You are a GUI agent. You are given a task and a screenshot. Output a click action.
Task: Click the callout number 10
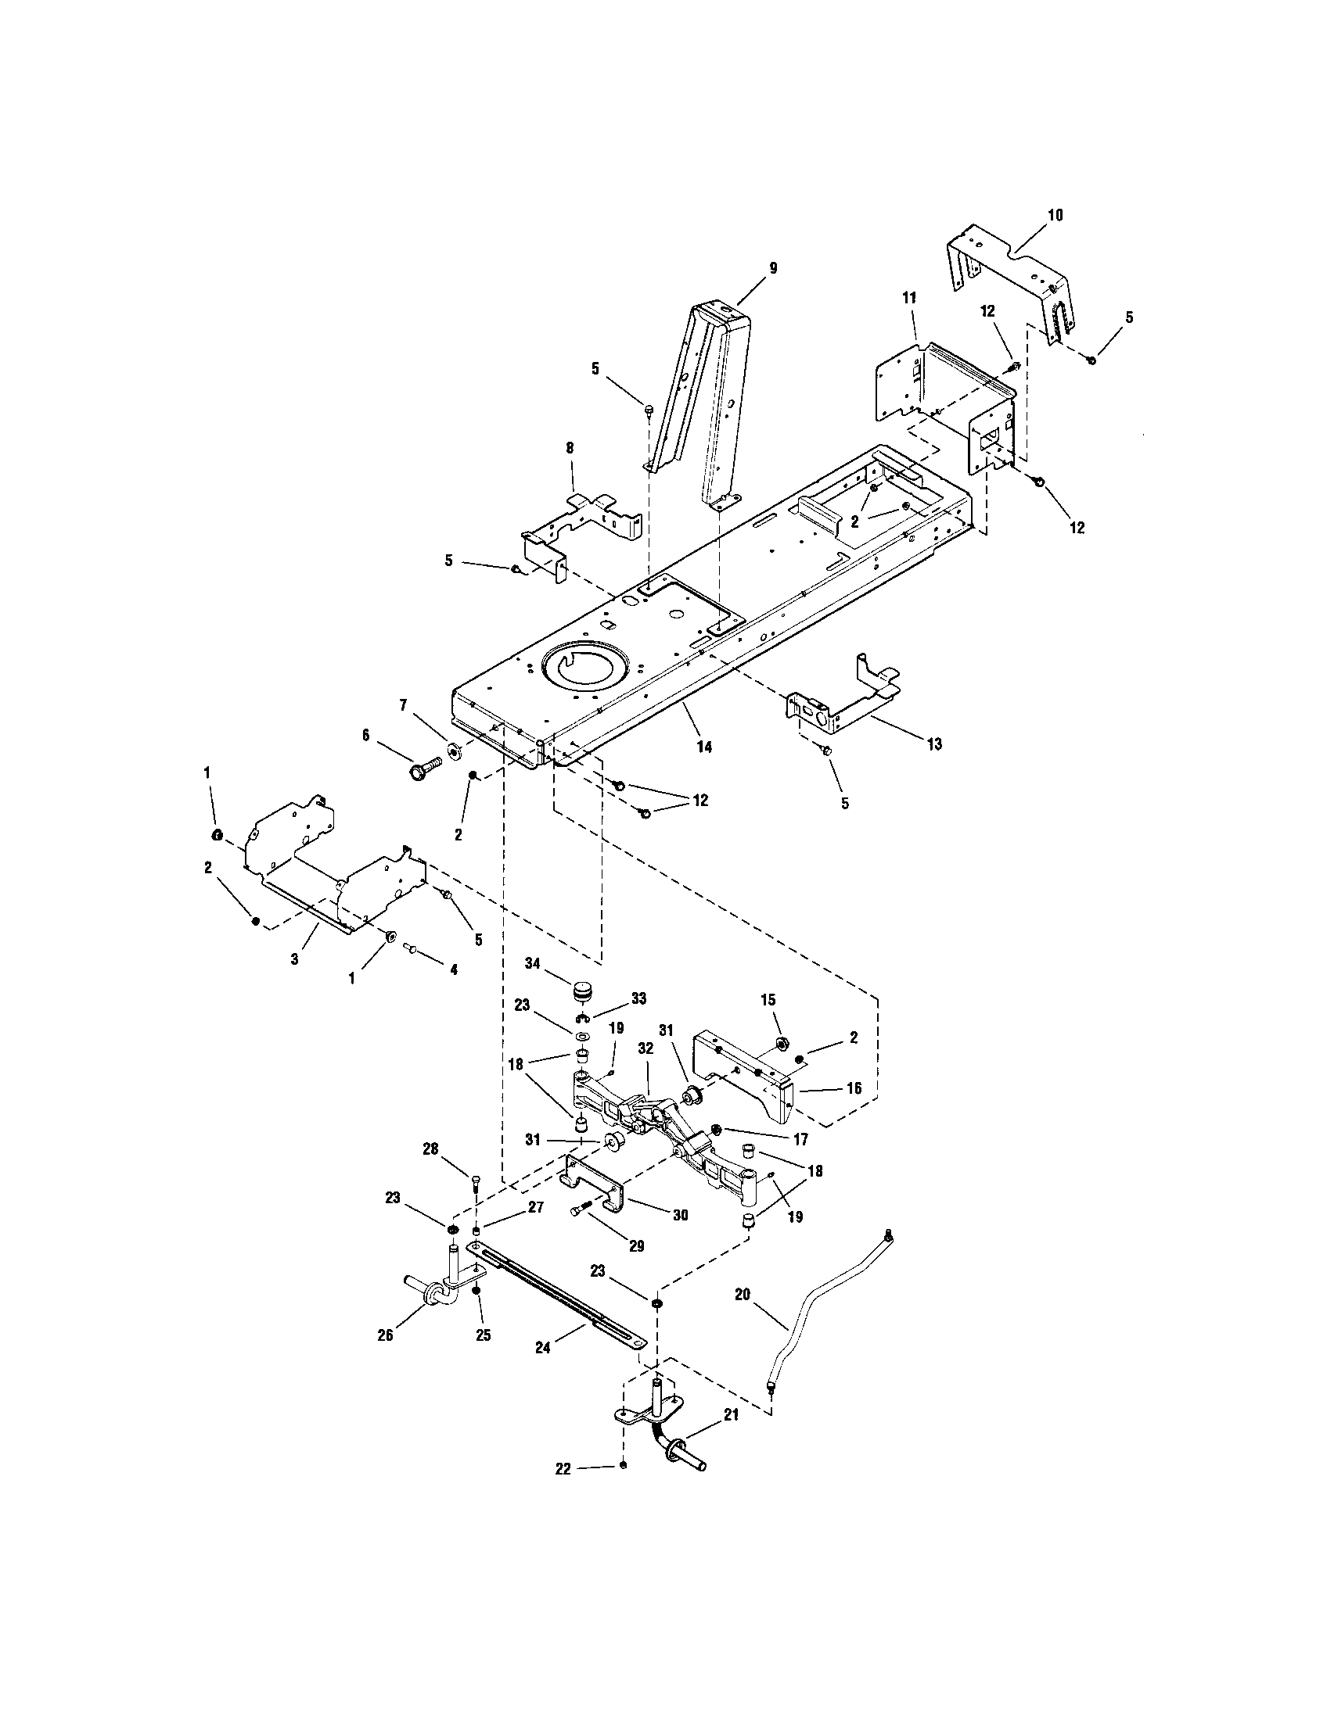[1055, 215]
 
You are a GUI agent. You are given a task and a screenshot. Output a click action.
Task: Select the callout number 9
[772, 268]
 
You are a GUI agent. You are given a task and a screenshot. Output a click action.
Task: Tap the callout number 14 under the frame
[704, 747]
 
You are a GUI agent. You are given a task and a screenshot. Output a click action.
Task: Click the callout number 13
[933, 744]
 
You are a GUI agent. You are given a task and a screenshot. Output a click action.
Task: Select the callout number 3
[294, 960]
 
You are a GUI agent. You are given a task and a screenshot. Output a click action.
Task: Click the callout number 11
[909, 299]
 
